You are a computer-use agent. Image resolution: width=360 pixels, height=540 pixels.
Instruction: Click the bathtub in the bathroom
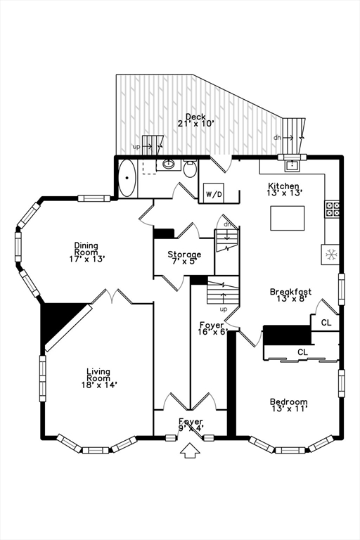127,178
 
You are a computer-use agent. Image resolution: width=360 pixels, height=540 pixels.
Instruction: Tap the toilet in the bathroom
190,169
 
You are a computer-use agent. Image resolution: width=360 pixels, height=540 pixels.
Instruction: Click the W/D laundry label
214,195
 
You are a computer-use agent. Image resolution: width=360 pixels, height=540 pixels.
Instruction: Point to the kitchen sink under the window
292,166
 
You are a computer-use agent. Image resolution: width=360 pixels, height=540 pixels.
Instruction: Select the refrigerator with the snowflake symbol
330,255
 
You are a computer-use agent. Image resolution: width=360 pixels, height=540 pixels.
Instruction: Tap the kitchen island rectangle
288,218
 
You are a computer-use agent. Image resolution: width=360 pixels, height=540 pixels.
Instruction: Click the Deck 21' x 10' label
196,120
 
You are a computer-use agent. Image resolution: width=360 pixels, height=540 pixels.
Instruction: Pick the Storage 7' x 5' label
184,257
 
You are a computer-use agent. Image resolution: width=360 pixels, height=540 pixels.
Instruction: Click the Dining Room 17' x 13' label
86,252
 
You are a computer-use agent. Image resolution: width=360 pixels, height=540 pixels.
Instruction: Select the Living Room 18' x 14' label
98,378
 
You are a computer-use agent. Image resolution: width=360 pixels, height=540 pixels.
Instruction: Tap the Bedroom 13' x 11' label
289,405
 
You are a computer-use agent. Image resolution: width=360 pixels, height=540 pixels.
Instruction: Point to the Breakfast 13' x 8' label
291,295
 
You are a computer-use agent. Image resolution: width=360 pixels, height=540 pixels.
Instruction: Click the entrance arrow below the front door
191,451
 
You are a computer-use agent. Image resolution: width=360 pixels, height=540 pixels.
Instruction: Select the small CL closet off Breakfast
326,322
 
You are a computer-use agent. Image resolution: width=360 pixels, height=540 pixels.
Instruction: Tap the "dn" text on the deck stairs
277,138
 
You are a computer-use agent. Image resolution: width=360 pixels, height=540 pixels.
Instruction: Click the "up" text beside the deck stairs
136,147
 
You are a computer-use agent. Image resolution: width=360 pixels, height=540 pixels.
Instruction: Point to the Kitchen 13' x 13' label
285,189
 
